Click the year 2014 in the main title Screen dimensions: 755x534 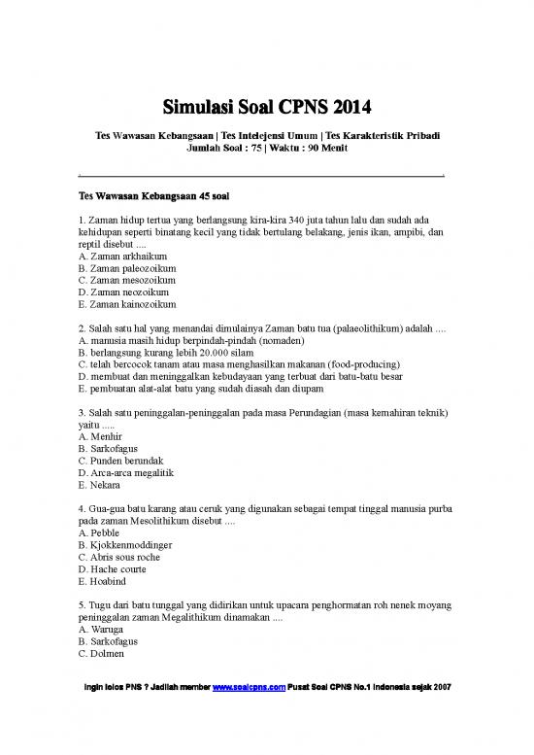coord(347,104)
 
